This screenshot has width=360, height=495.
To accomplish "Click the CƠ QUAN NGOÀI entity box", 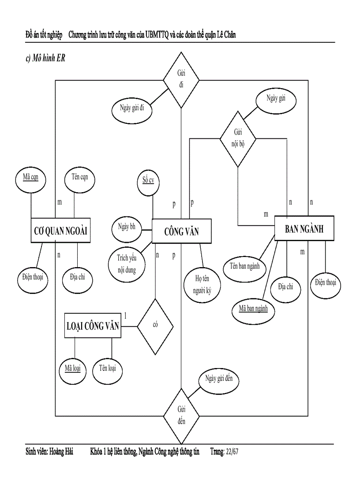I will coord(60,230).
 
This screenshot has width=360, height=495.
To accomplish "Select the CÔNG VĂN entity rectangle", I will coord(181,231).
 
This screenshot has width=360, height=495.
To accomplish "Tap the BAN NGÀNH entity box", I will coord(304,228).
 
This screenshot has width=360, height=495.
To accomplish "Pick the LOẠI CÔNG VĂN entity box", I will coord(93,326).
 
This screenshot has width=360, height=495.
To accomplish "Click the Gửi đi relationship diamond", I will coord(181,80).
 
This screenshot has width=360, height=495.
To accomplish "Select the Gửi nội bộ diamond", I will coord(238,138).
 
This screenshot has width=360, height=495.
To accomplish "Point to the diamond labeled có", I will coord(155,325).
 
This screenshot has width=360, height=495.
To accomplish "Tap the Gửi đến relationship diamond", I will coord(181,415).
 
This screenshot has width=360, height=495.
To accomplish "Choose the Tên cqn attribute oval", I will coord(79,178).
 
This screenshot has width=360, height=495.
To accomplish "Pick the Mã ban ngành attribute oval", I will coord(253,309).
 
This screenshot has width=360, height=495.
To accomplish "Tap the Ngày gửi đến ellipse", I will coord(219,379).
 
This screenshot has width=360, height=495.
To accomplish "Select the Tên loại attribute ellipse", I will coord(107,368).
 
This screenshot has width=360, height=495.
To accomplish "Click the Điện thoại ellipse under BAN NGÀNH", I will coord(326,283).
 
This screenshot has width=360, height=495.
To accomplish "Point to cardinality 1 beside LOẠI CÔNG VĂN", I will coord(125,315).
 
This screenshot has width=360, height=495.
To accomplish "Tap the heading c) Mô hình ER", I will coord(45,58).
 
